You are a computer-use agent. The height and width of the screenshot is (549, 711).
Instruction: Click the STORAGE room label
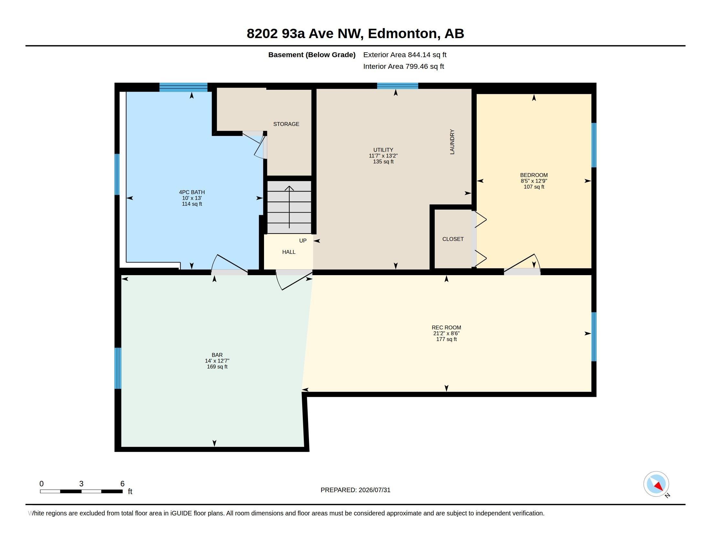point(286,124)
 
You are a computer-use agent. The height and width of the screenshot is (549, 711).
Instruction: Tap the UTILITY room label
point(383,150)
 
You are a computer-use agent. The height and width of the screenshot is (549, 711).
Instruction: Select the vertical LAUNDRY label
point(452,141)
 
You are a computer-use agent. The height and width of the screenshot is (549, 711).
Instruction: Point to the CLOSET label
point(453,239)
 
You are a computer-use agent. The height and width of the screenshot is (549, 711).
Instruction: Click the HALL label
point(289,252)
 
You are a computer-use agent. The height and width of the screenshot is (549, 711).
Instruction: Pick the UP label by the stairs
point(303,241)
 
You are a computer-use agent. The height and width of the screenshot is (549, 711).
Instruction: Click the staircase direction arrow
point(289,207)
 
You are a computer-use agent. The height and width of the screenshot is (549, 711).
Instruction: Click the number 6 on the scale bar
point(122,484)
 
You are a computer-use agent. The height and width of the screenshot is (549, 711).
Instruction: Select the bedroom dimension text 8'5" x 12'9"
point(534,181)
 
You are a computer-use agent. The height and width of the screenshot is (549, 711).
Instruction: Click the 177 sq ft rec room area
point(446,339)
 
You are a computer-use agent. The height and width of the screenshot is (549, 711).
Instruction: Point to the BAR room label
point(217,355)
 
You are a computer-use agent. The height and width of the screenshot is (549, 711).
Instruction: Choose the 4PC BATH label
point(192,192)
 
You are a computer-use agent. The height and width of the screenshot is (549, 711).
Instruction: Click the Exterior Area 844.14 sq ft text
point(405,55)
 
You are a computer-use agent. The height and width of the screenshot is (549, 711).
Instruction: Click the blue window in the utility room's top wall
point(398,86)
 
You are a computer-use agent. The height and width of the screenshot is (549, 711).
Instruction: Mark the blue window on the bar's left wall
point(118,368)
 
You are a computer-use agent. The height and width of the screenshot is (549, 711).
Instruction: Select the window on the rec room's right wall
point(594,337)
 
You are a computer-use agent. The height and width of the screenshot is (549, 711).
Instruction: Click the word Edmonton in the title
point(402,34)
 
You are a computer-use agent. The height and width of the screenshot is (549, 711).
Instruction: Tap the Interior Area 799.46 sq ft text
point(404,66)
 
